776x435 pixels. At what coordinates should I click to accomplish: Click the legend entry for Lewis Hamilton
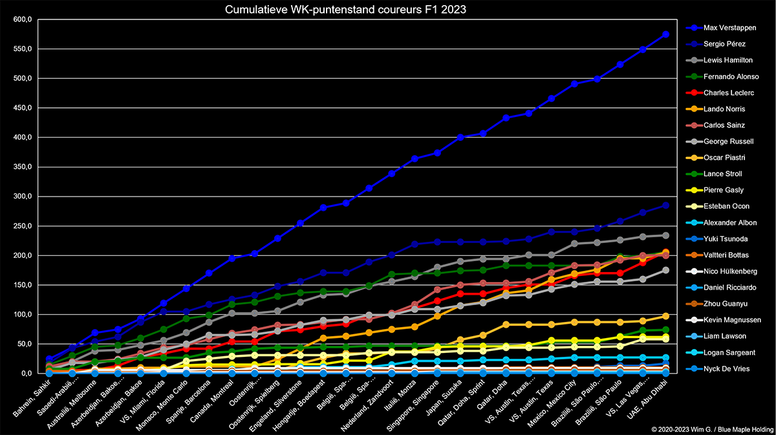[728, 60]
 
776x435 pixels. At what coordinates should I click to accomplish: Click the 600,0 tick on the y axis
[21, 19]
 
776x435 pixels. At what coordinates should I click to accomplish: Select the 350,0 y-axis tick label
[21, 167]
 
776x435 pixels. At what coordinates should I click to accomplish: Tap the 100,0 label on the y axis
[21, 314]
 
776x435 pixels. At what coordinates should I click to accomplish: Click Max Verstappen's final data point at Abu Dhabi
[665, 34]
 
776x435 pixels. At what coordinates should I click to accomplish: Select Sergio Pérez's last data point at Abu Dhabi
[665, 206]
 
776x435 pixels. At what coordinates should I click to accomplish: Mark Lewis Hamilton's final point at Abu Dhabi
[665, 235]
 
